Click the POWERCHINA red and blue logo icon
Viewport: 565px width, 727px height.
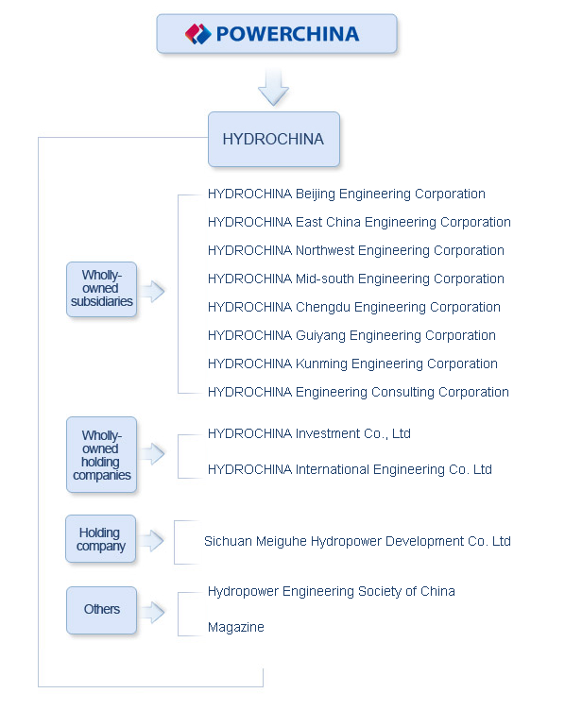[198, 35]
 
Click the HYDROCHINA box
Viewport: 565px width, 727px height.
[273, 140]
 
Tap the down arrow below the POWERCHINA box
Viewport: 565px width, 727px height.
[273, 87]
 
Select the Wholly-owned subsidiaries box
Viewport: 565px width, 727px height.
[102, 289]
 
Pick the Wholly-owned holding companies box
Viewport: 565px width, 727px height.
[101, 455]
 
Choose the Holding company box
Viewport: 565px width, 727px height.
[101, 539]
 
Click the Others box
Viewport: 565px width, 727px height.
[101, 610]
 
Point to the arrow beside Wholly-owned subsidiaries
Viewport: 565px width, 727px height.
[152, 291]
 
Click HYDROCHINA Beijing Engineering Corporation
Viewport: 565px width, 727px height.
[346, 194]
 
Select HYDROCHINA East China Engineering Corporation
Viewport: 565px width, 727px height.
[359, 223]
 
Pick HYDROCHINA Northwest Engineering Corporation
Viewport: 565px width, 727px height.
[355, 251]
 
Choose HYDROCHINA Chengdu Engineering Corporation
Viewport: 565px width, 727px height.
[353, 308]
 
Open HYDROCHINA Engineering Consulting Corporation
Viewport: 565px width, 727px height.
[358, 393]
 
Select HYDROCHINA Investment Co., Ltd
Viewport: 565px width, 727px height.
[309, 434]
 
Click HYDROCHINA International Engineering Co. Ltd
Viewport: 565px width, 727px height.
[350, 470]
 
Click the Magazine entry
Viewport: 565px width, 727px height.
[235, 628]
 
